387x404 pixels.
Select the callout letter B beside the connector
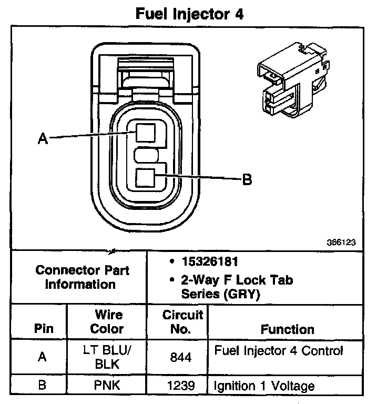click(247, 180)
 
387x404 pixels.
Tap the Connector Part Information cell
click(82, 277)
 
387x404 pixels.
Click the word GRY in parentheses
click(243, 295)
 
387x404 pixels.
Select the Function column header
click(288, 329)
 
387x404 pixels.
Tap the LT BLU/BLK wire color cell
click(107, 356)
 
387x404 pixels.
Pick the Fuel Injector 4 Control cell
click(278, 350)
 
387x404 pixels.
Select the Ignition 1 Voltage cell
click(264, 386)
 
